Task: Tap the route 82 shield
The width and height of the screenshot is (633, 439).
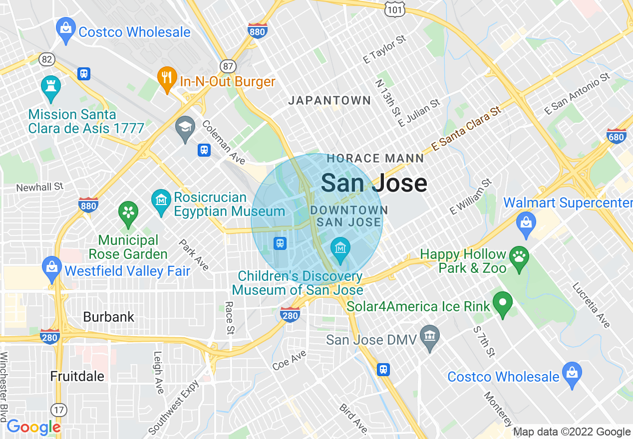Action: coord(47,59)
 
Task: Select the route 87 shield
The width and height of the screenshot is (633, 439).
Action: coord(227,66)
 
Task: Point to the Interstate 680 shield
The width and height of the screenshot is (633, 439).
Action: coord(617,136)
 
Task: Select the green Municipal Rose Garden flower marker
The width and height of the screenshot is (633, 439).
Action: coord(128,212)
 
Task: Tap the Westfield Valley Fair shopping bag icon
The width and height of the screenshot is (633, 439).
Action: coord(52,266)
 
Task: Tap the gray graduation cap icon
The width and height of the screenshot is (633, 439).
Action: coord(185,127)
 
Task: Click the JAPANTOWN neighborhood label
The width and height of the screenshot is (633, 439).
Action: coord(329,100)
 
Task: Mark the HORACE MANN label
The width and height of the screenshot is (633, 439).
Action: coord(375,159)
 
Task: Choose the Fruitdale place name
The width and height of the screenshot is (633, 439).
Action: coord(77,376)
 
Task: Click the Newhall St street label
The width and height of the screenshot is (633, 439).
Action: coord(40,187)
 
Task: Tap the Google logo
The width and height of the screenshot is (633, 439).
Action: coord(33,427)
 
